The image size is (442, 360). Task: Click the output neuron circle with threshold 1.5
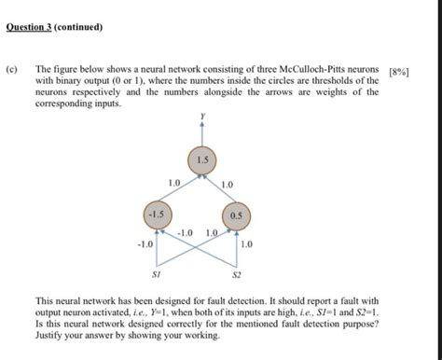pos(201,161)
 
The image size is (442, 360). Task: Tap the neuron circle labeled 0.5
pos(235,215)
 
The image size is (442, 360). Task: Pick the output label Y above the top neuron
pos(201,116)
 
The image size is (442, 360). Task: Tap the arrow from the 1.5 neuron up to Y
pos(201,132)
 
